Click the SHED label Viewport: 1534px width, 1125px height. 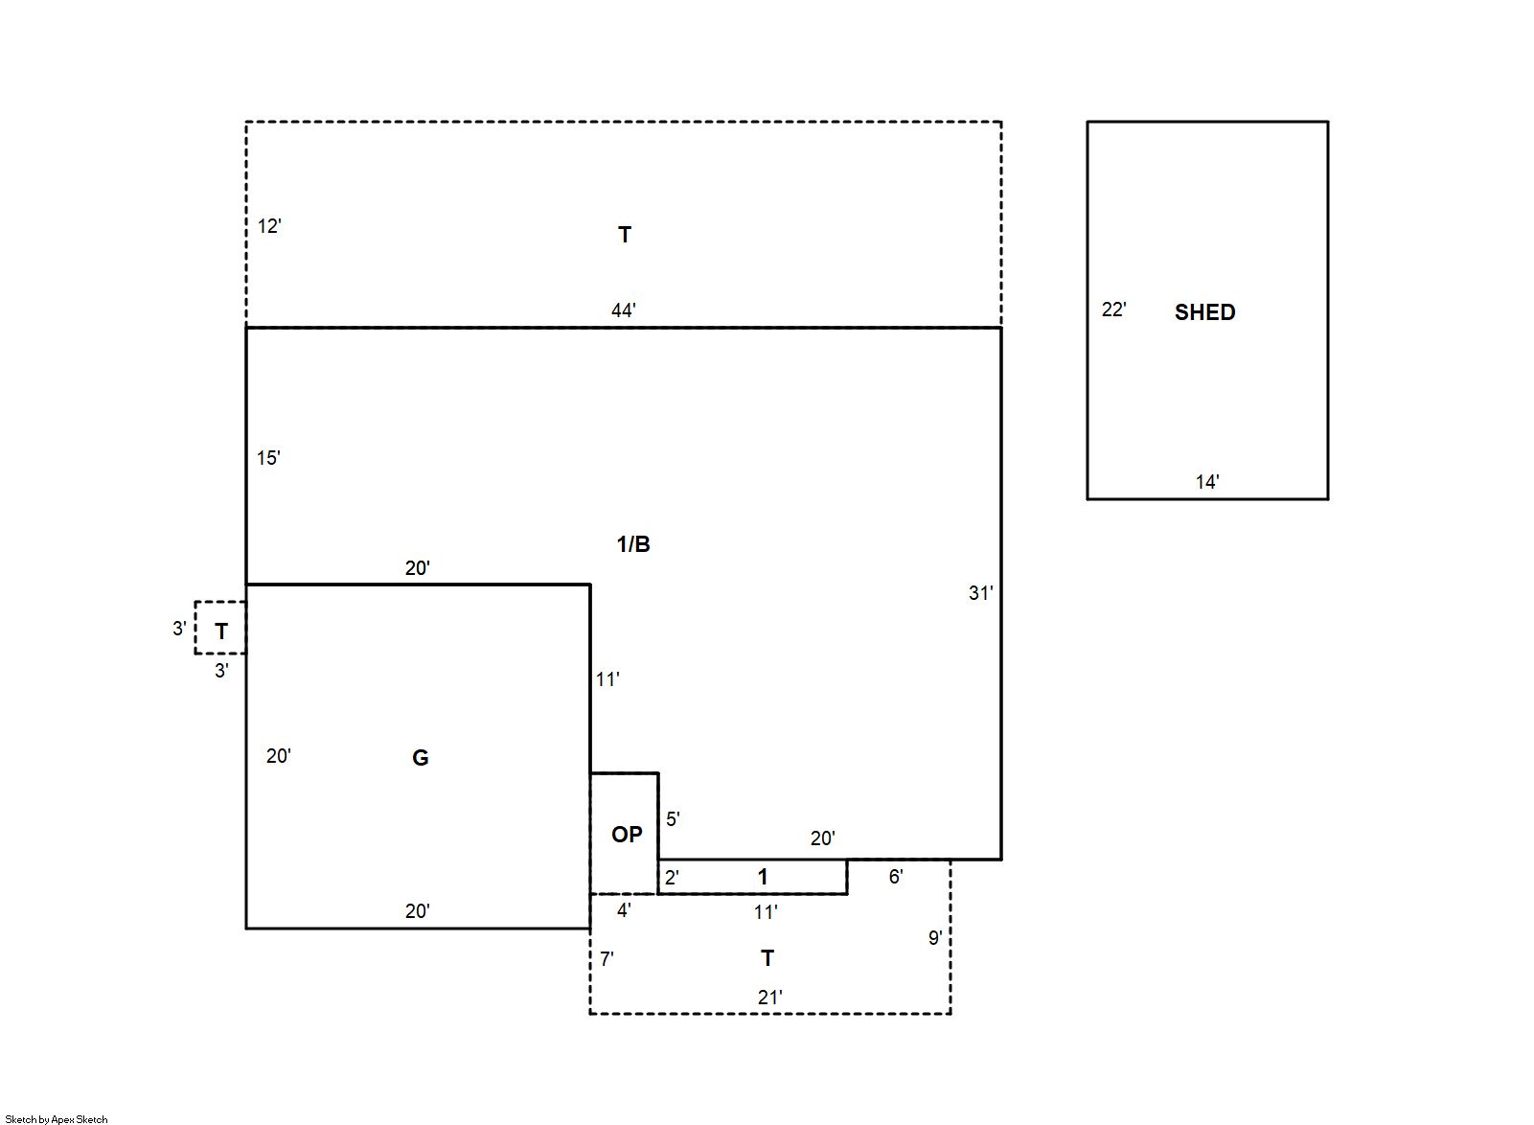click(x=1204, y=312)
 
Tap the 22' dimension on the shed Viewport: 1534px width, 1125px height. click(x=1113, y=310)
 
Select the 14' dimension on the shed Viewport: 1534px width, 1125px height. click(x=1206, y=481)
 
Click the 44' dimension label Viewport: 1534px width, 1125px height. click(x=623, y=310)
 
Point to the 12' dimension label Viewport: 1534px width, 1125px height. click(x=269, y=226)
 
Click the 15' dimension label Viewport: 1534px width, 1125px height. click(x=268, y=457)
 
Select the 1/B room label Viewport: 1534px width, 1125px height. click(x=632, y=544)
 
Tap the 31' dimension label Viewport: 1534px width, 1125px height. click(x=980, y=593)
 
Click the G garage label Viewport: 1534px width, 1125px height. click(x=421, y=757)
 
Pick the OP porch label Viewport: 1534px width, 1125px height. click(x=627, y=834)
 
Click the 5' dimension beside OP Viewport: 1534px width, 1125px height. click(x=673, y=819)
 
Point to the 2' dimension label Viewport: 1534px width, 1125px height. click(x=672, y=877)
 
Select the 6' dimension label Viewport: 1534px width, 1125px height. click(x=896, y=877)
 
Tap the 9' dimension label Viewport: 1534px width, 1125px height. click(x=935, y=937)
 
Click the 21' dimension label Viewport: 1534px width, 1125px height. click(x=769, y=997)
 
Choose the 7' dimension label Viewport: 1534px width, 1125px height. click(x=607, y=959)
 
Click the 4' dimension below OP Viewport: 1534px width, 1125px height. click(x=624, y=910)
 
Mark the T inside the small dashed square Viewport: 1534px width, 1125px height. click(x=221, y=631)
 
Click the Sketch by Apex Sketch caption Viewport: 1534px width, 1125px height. click(x=57, y=1119)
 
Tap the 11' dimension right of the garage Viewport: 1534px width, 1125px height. click(x=607, y=679)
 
